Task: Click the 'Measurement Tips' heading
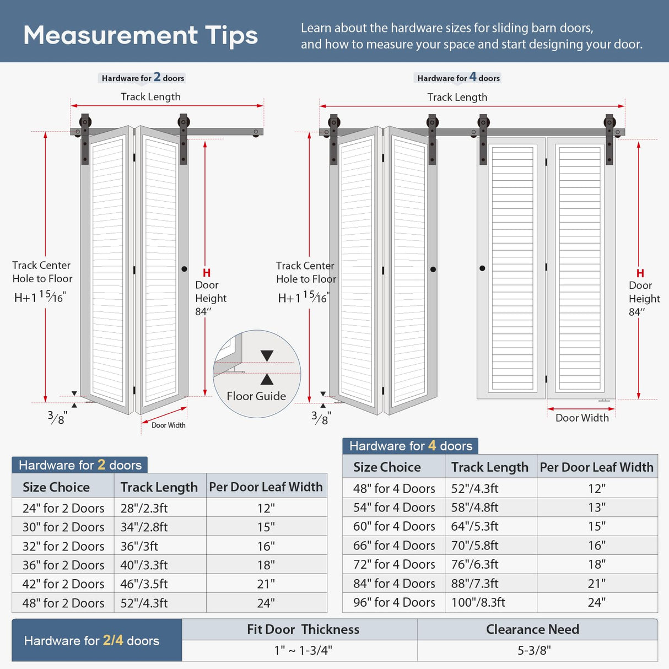click(x=141, y=35)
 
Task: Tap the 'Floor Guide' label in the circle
click(x=256, y=396)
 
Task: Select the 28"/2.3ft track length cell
click(x=144, y=508)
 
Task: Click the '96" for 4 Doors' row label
click(x=394, y=602)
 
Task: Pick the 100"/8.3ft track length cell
click(x=478, y=602)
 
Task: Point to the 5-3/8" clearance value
click(x=533, y=650)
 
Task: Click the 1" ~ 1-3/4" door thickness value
click(x=303, y=650)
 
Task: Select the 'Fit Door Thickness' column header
click(x=303, y=629)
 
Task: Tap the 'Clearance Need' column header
click(x=532, y=629)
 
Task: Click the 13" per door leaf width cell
click(x=596, y=508)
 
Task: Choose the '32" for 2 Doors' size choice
click(x=63, y=546)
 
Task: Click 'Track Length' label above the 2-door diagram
click(x=150, y=97)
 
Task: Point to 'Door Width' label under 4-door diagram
click(x=582, y=418)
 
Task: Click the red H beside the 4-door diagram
click(x=640, y=273)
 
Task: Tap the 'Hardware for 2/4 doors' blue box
click(x=92, y=640)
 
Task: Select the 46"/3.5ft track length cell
click(x=144, y=584)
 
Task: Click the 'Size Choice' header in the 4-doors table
click(x=387, y=467)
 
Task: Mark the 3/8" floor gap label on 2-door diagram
click(x=57, y=418)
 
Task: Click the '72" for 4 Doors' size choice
click(x=394, y=564)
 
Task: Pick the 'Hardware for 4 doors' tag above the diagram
click(x=458, y=78)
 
